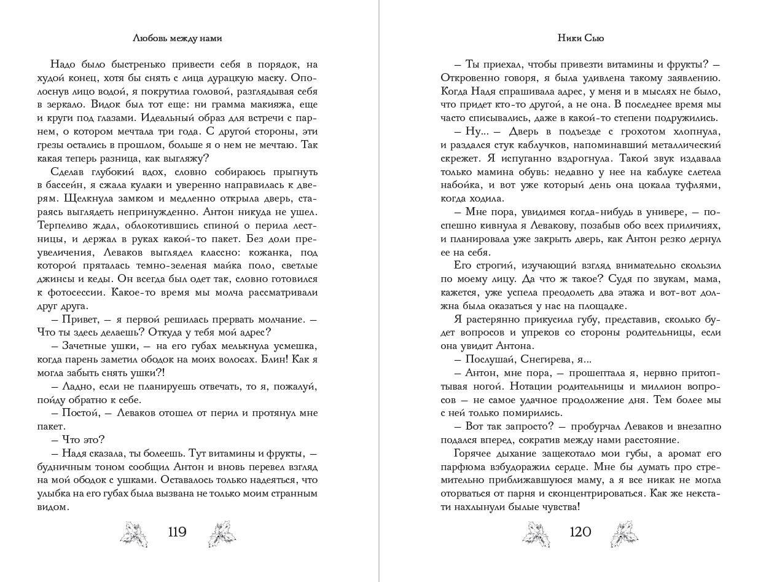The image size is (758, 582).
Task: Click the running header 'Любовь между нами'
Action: (177, 38)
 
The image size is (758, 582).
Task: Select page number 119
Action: (177, 532)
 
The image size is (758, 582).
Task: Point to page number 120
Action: (580, 532)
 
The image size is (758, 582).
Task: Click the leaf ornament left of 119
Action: (135, 532)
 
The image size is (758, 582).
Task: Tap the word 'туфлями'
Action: (697, 184)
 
